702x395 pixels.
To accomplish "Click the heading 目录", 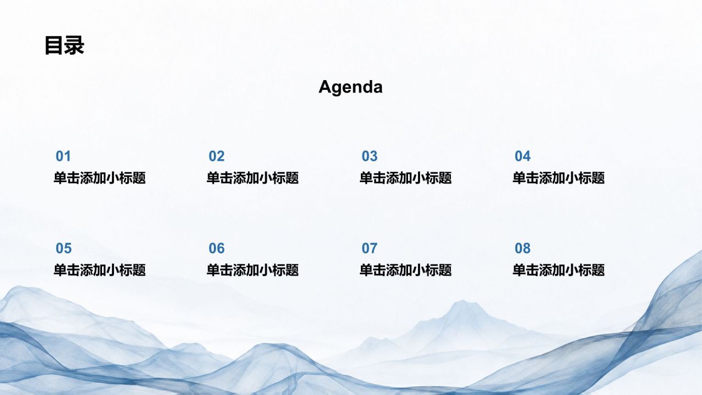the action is (64, 46).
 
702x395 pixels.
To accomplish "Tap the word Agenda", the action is (350, 87).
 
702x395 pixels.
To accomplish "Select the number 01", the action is (63, 156).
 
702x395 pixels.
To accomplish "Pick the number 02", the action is (217, 156).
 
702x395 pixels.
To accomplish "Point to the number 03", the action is (370, 156).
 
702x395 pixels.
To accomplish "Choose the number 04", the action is (523, 156).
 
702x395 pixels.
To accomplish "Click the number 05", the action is (64, 249).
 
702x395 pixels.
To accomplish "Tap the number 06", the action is (217, 249).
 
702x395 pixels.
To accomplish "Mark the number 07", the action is (370, 249).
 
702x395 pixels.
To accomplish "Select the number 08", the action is (523, 249).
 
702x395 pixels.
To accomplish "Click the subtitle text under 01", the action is (100, 178).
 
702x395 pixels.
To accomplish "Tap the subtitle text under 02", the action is (253, 178).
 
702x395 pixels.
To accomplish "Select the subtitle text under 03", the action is (405, 178).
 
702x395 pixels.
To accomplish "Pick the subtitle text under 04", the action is (558, 178).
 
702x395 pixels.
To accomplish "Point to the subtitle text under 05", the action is (100, 270).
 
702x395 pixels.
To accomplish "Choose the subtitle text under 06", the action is (253, 270).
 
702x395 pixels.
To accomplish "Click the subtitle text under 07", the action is (405, 270).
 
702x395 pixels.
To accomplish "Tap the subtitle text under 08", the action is (558, 270).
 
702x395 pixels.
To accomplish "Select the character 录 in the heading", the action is (74, 46).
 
